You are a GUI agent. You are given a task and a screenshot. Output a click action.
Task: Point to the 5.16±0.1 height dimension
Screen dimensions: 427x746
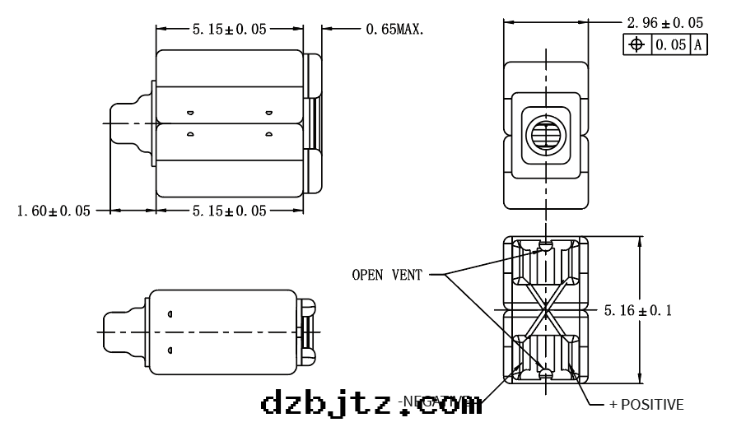(637, 311)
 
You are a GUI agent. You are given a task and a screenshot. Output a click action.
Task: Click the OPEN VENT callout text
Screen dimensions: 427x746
(385, 275)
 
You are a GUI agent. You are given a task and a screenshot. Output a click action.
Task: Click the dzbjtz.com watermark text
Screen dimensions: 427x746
(371, 404)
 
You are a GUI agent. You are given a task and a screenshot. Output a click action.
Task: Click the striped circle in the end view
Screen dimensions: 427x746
(545, 136)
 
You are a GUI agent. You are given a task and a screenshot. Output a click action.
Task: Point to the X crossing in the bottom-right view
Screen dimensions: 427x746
(544, 311)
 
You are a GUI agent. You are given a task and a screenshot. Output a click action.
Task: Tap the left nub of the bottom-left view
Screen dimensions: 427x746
(122, 332)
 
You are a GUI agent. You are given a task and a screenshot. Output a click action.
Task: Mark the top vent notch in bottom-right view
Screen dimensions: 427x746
(544, 244)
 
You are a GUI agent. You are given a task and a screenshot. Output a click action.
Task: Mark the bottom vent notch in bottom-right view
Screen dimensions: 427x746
(544, 375)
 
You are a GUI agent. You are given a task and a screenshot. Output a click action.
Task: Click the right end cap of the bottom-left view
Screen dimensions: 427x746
(306, 332)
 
